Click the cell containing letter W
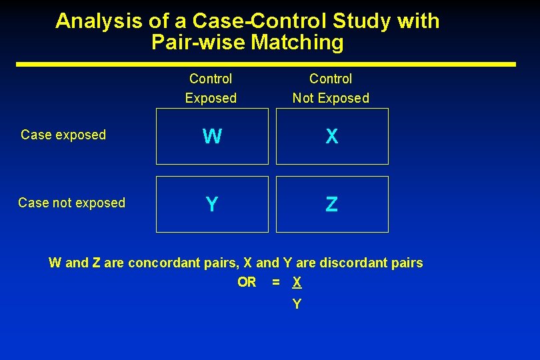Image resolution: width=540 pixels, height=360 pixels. click(x=212, y=137)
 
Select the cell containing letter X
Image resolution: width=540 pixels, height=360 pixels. click(x=332, y=137)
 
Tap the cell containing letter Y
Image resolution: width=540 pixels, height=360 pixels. click(x=212, y=204)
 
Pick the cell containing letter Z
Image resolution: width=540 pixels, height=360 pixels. click(x=332, y=204)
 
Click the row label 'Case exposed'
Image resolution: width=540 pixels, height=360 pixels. click(x=63, y=135)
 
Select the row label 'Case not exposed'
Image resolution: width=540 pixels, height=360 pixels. click(x=71, y=203)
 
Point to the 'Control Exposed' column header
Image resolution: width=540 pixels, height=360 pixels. click(x=211, y=89)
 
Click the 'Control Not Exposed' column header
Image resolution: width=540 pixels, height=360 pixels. click(x=331, y=89)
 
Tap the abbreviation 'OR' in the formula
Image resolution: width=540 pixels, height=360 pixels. click(x=247, y=283)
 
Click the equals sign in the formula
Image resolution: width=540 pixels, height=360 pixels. click(x=276, y=283)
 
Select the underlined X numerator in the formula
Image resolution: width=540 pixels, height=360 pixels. click(x=297, y=283)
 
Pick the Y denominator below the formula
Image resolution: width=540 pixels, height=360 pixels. click(x=297, y=305)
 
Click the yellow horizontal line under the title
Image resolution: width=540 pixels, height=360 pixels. click(x=266, y=64)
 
